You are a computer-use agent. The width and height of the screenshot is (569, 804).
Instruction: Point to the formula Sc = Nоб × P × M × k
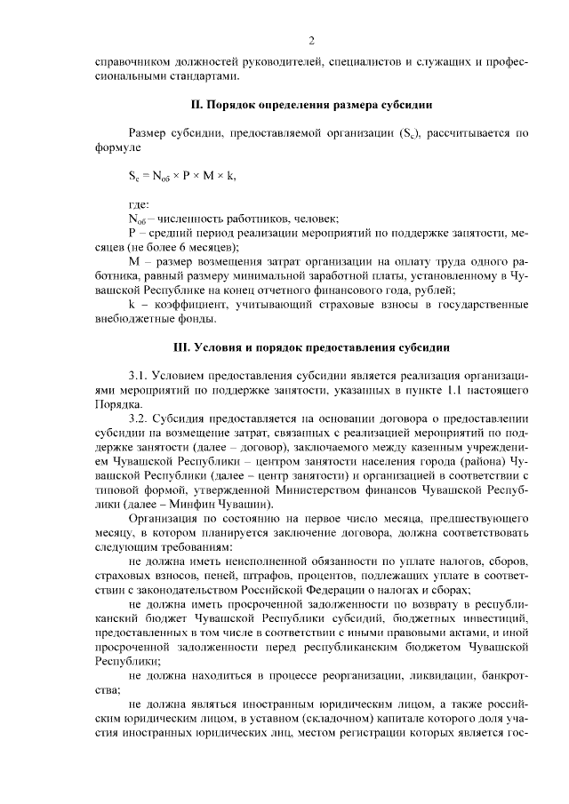[x=182, y=176]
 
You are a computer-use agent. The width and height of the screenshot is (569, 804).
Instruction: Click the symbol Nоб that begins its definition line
[x=137, y=219]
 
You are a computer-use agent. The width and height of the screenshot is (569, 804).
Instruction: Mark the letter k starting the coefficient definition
[x=132, y=305]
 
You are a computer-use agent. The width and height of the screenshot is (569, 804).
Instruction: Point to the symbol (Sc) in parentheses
[x=411, y=134]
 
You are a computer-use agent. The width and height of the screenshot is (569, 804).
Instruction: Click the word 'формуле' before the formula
[x=116, y=147]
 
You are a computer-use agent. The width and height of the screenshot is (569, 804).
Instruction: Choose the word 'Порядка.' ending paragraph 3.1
[x=118, y=404]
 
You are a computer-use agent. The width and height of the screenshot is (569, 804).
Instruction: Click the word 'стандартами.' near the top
[x=131, y=77]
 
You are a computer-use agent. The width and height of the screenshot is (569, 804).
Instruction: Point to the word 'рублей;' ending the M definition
[x=435, y=291]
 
